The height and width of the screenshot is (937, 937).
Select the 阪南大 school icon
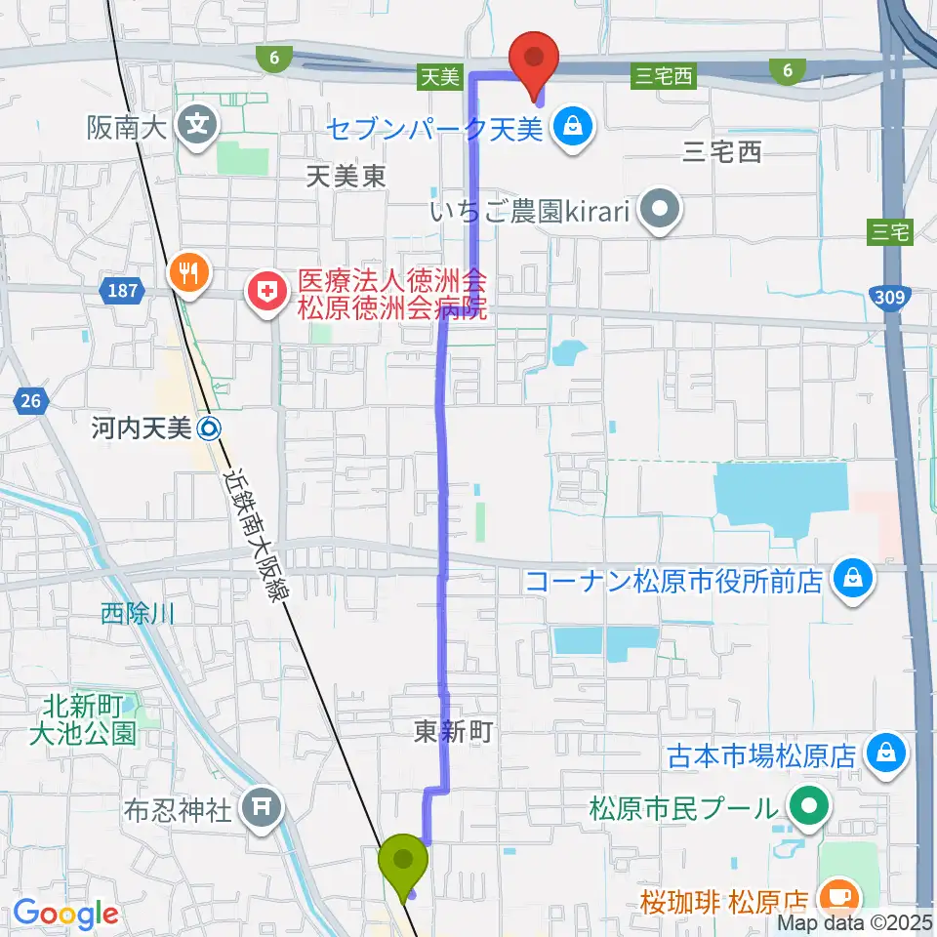coord(198,126)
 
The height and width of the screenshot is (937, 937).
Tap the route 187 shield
coord(122,290)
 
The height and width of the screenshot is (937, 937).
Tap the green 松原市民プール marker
coord(809,807)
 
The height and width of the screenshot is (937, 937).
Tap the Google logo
coord(65,913)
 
